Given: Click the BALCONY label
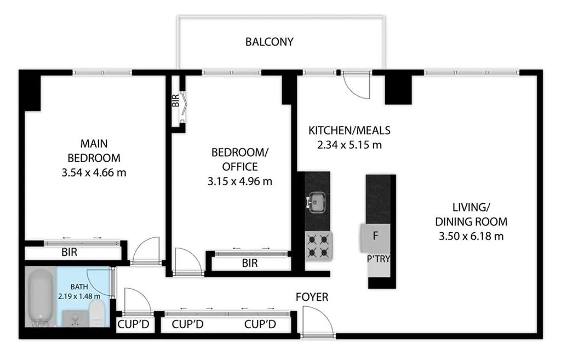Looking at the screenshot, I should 269,42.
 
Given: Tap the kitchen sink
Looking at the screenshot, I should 317,202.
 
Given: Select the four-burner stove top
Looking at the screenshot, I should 318,245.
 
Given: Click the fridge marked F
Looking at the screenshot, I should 375,236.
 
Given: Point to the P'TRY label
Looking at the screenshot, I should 379,259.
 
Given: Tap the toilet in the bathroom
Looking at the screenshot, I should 96,313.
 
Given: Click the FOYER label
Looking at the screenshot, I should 312,297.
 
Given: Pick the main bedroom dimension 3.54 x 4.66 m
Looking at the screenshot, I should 94,173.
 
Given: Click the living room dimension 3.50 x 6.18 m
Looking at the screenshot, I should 471,236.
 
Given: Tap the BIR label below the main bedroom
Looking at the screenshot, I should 68,253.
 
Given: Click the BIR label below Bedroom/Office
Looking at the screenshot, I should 249,263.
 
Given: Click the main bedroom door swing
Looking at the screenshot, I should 145,251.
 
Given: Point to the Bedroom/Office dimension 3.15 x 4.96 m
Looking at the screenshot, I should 241,180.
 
